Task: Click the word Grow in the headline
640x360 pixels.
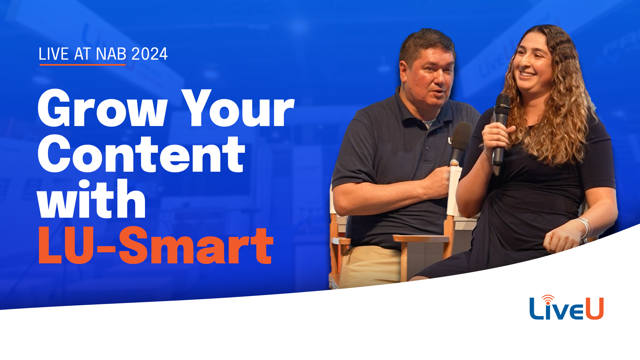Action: (102, 108)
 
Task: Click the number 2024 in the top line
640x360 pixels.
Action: (150, 54)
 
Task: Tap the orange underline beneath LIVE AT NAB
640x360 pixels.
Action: (82, 65)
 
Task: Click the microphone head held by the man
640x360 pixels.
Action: (462, 137)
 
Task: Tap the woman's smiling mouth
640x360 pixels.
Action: (528, 74)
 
